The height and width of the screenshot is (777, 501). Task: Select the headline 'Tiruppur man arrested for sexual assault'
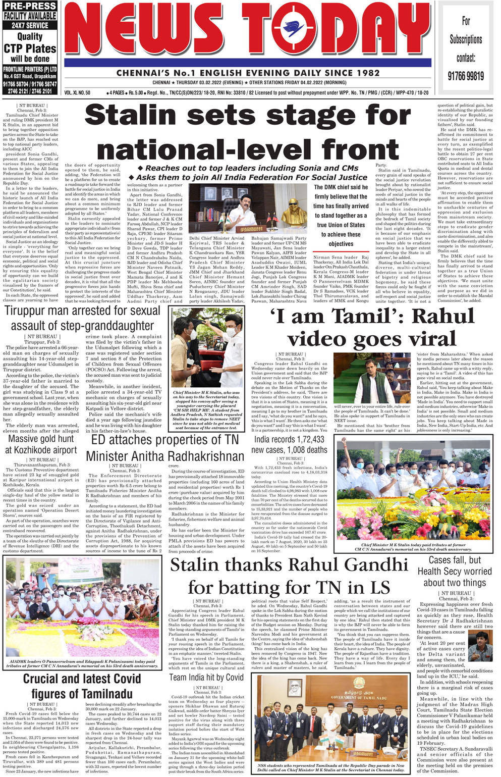(x=83, y=318)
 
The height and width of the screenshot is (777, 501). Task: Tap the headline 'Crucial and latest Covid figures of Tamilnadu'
(x=82, y=686)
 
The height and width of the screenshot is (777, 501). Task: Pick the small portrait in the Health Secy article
(x=480, y=645)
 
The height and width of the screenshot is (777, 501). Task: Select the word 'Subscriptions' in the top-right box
(x=466, y=39)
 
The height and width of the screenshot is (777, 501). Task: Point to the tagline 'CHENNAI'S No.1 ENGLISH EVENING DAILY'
(x=248, y=73)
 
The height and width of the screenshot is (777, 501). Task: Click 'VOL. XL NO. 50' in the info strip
(x=77, y=93)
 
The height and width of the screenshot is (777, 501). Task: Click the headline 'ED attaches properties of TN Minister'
(x=165, y=448)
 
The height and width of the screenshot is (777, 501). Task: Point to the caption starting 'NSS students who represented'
(x=330, y=768)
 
